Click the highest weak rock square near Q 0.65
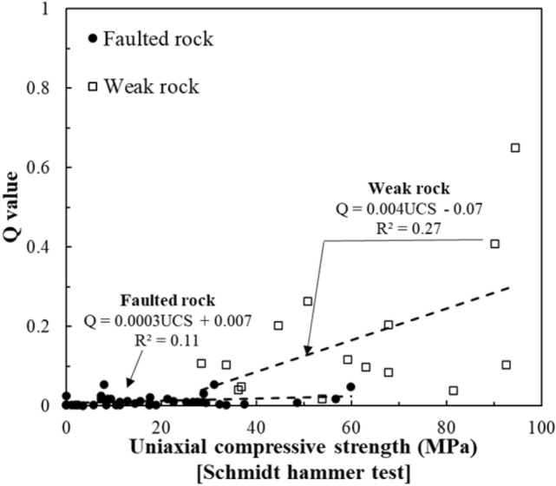point(515,148)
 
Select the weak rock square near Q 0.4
point(495,244)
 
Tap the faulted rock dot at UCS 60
point(350,386)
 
